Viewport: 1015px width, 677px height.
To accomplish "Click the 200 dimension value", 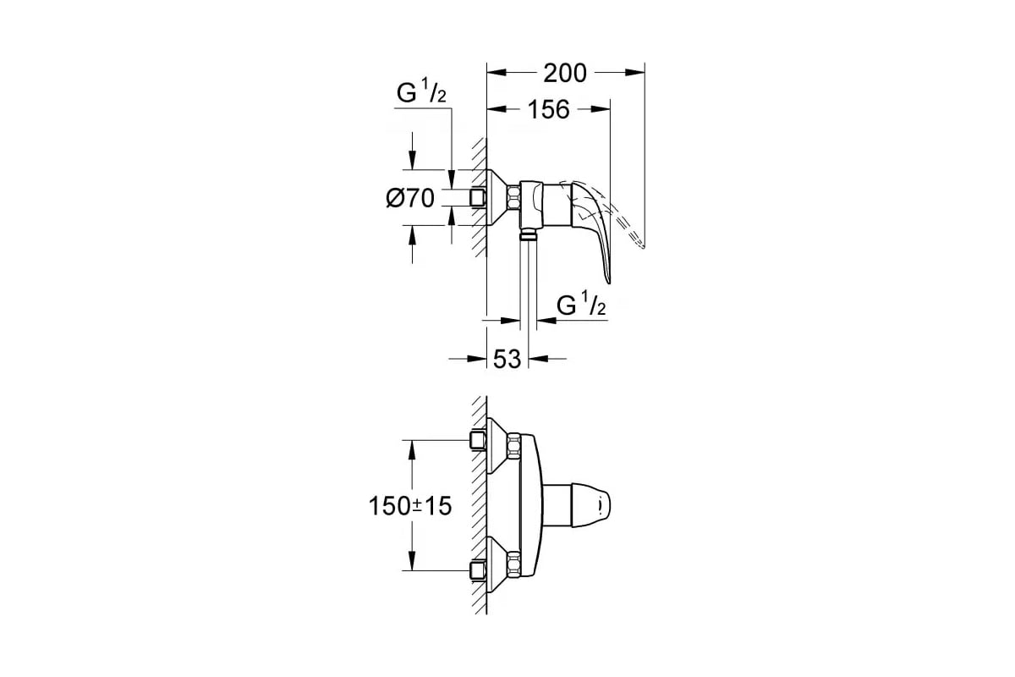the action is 565,73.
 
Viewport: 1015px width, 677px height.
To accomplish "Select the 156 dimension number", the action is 549,109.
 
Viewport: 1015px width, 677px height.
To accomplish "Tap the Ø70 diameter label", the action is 410,198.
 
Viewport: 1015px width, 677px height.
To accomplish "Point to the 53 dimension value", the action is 507,359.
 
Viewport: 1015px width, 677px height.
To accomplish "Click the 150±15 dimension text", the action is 410,505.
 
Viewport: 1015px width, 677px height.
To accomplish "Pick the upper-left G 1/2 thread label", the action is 421,93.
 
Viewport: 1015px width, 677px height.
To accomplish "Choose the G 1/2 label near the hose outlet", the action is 581,305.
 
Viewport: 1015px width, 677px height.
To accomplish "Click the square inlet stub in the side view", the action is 478,198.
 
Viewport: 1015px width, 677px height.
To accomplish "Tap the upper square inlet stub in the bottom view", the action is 478,440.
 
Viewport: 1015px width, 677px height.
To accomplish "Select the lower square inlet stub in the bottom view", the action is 478,570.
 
